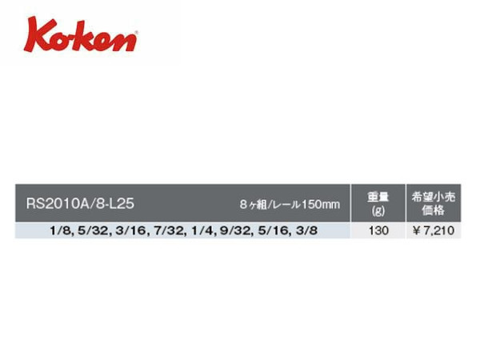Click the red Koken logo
coord(81,35)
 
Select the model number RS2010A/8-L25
coord(80,203)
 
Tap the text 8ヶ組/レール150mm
coord(290,204)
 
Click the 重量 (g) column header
coord(378,203)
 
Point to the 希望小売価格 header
coord(433,203)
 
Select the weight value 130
coord(378,230)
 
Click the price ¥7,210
coord(433,230)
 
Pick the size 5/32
coord(93,230)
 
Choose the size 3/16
coord(132,230)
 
